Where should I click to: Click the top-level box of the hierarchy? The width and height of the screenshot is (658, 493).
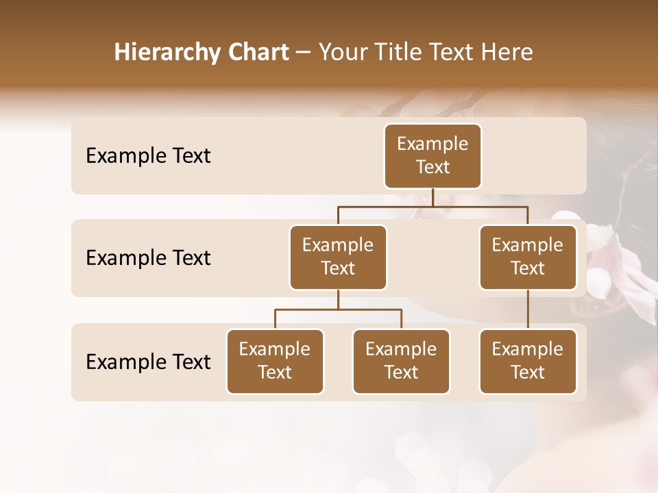coord(432,156)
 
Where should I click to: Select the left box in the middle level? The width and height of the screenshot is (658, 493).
coord(338,257)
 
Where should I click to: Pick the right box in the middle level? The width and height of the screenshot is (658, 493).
coord(528,257)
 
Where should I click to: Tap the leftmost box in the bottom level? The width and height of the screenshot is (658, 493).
coord(275,362)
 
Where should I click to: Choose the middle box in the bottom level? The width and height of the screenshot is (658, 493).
coord(401,362)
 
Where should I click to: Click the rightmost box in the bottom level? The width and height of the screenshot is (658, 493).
coord(528,362)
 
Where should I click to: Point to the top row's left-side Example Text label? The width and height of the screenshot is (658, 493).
coord(148,156)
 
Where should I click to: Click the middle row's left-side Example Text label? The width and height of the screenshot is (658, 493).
coord(148,258)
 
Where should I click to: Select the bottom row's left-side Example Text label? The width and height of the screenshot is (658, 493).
coord(148,362)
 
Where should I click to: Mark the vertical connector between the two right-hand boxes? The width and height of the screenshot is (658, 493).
coord(528,309)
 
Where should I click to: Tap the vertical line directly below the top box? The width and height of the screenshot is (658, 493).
coord(432,197)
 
